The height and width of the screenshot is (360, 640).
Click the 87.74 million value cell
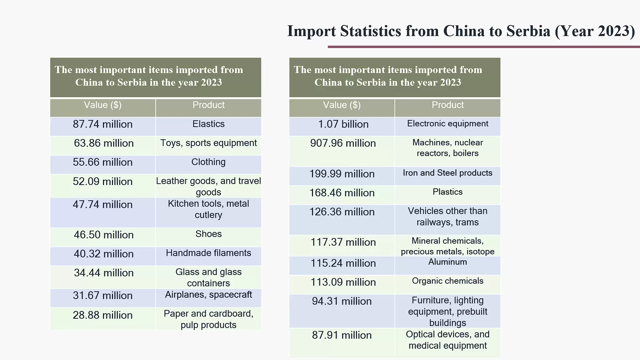(x=103, y=124)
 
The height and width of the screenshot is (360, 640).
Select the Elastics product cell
(x=208, y=124)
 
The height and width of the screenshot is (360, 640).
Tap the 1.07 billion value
(x=343, y=124)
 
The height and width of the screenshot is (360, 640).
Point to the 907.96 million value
(x=343, y=143)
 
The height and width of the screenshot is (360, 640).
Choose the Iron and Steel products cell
(x=447, y=173)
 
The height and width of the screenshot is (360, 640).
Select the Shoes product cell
(x=208, y=234)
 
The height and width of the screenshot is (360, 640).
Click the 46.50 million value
(x=104, y=235)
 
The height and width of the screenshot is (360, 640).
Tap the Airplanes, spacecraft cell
(x=208, y=295)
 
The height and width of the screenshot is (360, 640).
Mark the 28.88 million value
(x=103, y=315)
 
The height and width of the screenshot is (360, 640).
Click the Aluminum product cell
(x=447, y=262)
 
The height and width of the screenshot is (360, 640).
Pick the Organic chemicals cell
(x=447, y=281)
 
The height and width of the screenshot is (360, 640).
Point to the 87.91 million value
(x=342, y=335)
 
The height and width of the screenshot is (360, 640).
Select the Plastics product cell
(x=447, y=192)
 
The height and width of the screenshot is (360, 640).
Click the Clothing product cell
(x=208, y=162)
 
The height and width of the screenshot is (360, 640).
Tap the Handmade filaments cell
(x=208, y=253)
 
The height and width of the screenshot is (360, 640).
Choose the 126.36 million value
(x=342, y=212)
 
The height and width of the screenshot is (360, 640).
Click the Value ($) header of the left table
(x=103, y=105)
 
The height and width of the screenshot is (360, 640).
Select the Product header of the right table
(x=447, y=105)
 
